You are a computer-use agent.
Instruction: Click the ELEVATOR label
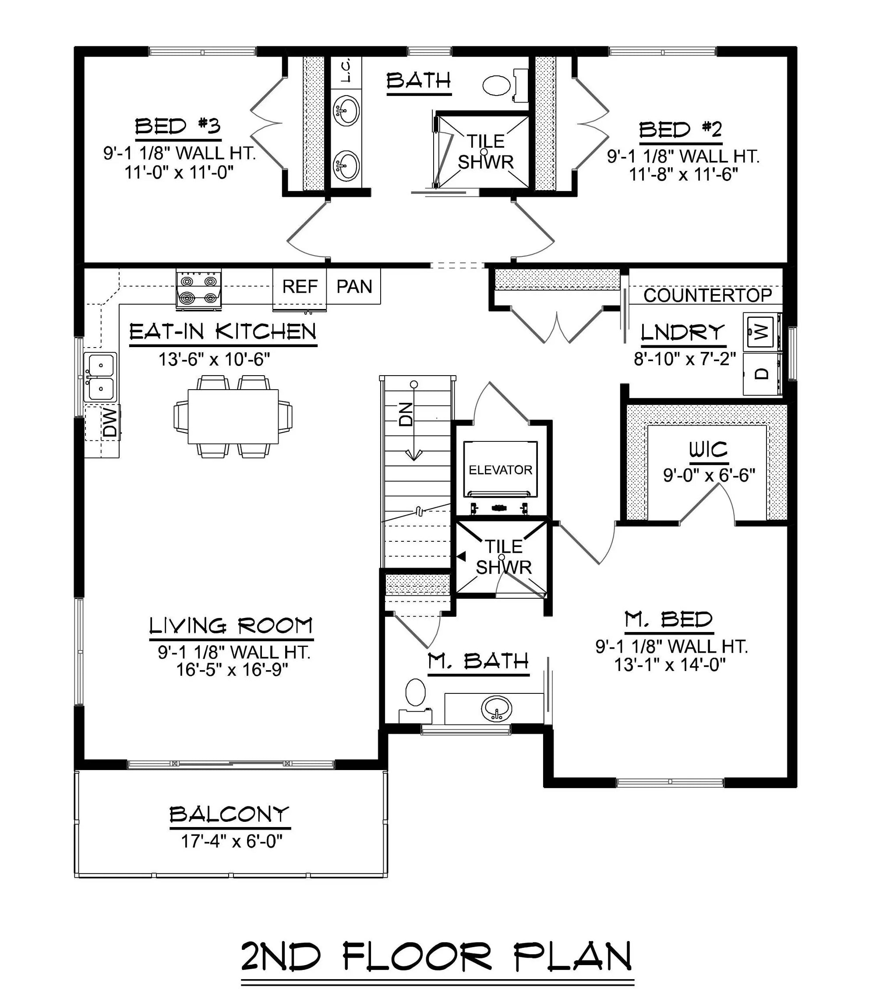(500, 470)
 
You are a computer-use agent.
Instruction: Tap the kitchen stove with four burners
(198, 290)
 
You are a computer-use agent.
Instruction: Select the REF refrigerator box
(299, 287)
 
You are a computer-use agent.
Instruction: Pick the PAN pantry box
(354, 287)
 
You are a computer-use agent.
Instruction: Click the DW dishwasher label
(110, 423)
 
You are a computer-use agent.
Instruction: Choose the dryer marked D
(761, 374)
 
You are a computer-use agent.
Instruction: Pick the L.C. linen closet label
(346, 71)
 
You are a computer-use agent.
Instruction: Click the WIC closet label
(708, 449)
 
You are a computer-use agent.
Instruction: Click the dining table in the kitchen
(233, 416)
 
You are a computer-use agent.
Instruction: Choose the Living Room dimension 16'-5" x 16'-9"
(232, 669)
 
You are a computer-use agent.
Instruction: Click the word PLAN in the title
(574, 957)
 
